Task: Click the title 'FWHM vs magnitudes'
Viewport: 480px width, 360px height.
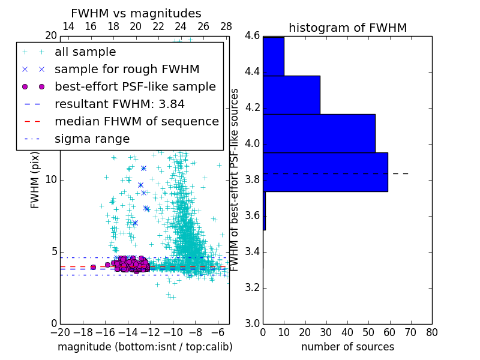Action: (136, 14)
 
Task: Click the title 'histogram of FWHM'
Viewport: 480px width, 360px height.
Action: (347, 28)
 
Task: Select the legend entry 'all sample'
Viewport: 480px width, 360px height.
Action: (85, 52)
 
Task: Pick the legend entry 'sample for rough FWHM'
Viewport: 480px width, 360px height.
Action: (127, 70)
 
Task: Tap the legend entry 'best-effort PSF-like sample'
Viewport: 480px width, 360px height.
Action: (135, 86)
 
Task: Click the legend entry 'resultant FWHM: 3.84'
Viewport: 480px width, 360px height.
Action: (119, 104)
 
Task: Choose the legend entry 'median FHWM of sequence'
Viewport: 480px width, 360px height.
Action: (136, 121)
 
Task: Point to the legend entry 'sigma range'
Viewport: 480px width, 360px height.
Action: (92, 139)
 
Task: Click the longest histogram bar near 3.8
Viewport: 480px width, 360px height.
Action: (325, 172)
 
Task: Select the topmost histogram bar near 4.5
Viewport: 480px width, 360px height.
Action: (274, 56)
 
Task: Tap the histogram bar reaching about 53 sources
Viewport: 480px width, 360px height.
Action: (319, 133)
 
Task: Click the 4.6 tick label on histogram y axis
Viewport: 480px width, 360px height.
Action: (252, 36)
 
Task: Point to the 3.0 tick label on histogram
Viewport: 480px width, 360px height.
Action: (252, 323)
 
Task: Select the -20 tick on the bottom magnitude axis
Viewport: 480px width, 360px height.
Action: (60, 332)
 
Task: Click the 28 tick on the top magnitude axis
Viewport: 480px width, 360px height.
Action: (226, 26)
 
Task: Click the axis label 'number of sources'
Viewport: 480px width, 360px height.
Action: (347, 347)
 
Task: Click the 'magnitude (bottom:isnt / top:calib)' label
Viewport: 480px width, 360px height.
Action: (145, 347)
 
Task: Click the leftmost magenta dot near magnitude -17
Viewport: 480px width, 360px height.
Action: (93, 267)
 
